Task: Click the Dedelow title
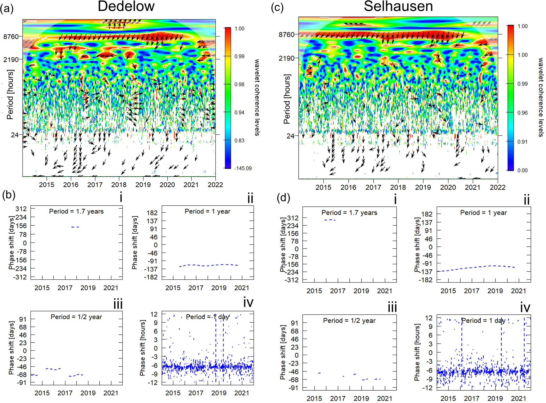[x=126, y=6]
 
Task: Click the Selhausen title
[x=398, y=6]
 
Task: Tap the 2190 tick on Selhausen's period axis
[x=286, y=58]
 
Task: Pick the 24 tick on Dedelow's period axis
[x=15, y=135]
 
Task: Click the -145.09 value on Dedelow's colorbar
[x=243, y=168]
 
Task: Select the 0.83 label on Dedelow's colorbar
[x=239, y=140]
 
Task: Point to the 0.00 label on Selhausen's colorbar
[x=522, y=171]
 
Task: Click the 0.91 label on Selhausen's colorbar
[x=522, y=142]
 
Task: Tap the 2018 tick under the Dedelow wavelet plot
[x=119, y=185]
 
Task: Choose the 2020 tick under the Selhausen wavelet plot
[x=448, y=187]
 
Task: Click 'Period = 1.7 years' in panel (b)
[x=76, y=212]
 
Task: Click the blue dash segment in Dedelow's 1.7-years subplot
[x=75, y=227]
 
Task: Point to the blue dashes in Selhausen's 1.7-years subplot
[x=330, y=220]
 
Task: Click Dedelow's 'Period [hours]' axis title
[x=10, y=94]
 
